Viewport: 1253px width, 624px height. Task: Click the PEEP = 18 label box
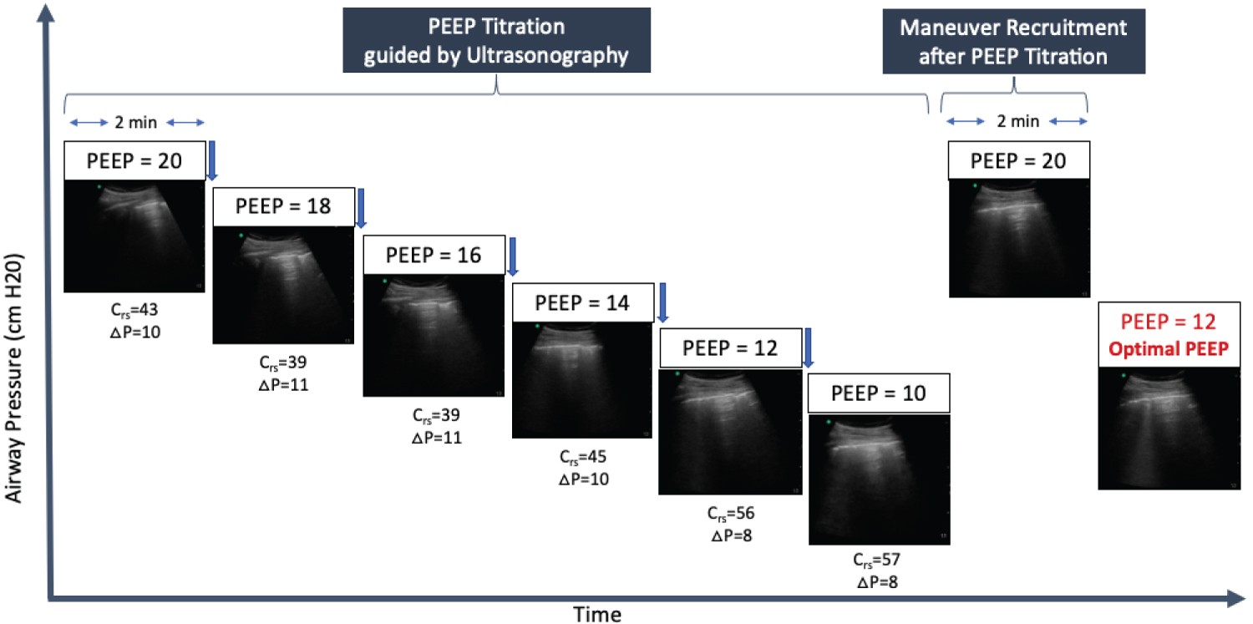283,206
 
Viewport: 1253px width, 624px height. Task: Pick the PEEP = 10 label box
880,393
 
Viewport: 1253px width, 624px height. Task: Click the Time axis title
596,614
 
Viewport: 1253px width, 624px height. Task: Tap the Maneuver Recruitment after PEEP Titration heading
1012,41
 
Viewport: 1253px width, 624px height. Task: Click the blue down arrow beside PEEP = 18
362,207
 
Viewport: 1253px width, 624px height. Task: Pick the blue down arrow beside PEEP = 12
809,348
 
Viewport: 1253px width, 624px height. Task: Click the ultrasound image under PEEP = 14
582,380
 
